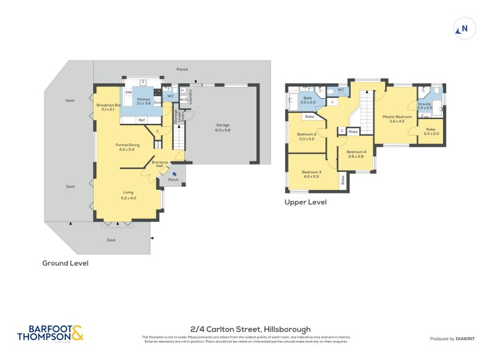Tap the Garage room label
point(222,127)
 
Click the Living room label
point(128,195)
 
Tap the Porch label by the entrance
point(173,180)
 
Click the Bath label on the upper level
point(307,99)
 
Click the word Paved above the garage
point(182,70)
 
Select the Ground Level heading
point(65,263)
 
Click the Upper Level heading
point(305,202)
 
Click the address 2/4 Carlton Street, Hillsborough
point(249,329)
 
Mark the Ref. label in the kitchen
point(141,120)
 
